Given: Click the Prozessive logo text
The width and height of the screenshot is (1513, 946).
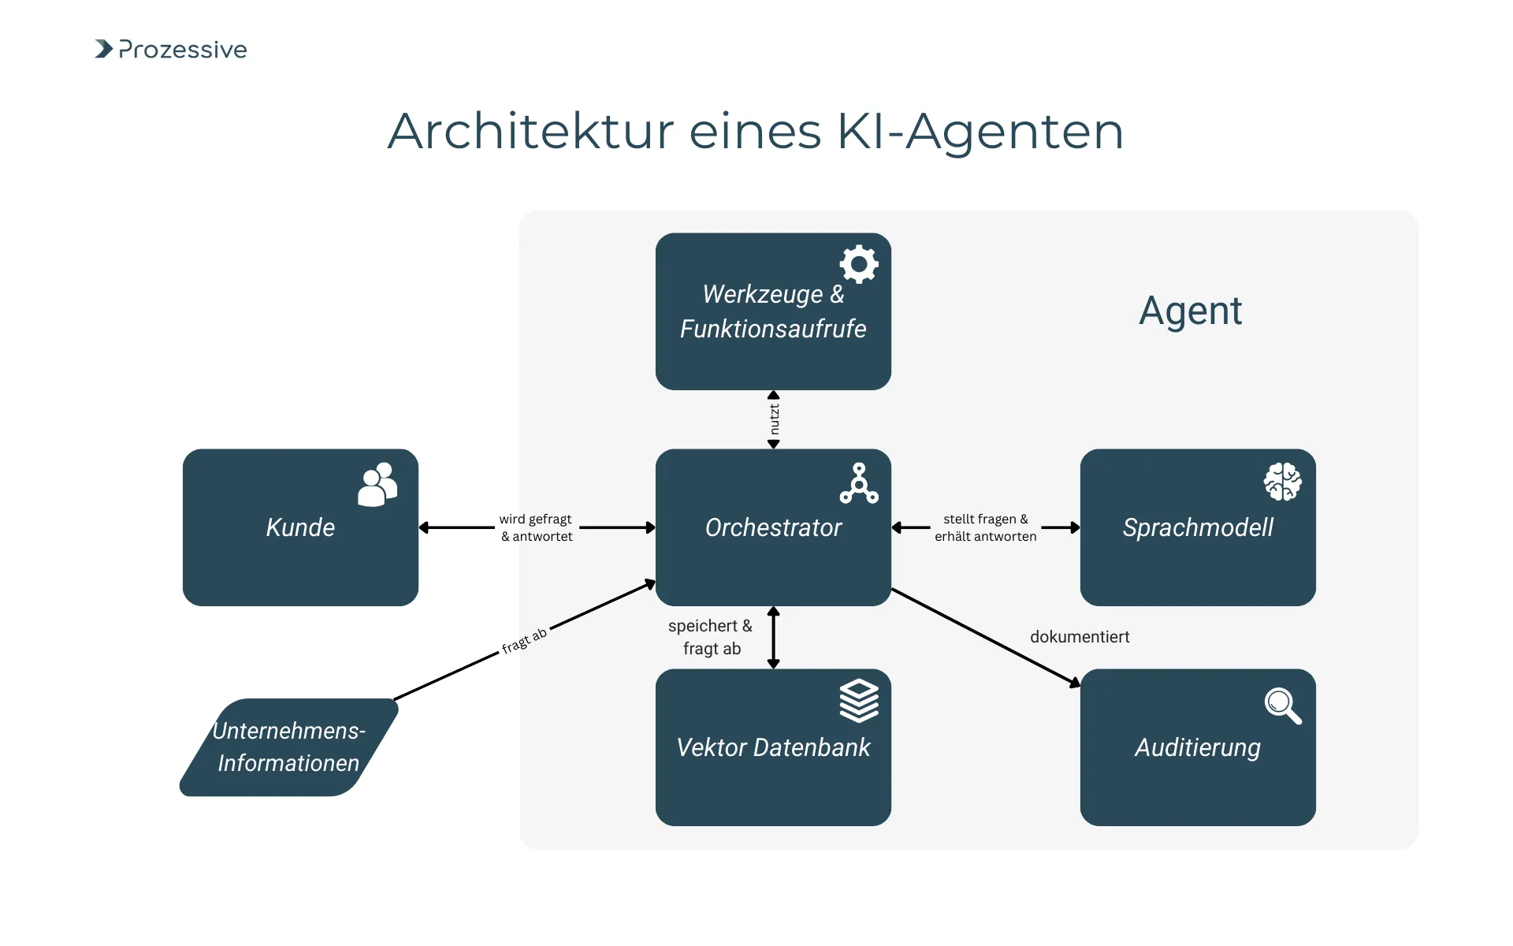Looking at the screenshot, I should coord(182,50).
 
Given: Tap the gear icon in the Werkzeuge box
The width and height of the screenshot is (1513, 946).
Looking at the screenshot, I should coord(859,264).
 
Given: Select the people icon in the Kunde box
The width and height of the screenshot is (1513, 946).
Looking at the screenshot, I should coord(377,484).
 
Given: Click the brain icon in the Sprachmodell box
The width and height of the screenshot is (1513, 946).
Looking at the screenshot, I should coord(1282,482).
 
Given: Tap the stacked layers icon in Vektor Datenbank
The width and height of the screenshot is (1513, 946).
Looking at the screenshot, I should coord(859,700).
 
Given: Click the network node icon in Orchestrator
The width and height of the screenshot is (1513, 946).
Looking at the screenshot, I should coord(859,483).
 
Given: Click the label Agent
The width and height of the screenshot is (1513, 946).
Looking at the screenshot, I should coord(1190,311).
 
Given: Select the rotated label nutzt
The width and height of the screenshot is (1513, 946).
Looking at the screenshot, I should coord(774,419).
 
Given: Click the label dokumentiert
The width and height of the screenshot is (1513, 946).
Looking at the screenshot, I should coord(1080,637).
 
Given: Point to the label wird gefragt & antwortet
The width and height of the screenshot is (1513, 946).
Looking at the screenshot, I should coord(537,527).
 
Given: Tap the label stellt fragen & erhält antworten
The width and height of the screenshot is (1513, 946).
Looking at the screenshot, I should coord(985,527).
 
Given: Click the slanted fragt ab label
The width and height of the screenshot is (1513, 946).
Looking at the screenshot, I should coord(525,641).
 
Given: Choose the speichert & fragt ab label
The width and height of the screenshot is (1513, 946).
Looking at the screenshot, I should coord(711,637).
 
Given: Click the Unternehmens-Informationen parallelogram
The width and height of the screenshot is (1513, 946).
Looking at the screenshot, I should coord(288,747).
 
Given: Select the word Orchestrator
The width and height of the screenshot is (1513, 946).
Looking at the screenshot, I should coord(773,527).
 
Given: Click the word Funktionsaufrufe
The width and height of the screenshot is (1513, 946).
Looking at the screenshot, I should coord(773,329).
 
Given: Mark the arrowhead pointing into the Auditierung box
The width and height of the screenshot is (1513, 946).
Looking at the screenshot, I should coord(1075,682).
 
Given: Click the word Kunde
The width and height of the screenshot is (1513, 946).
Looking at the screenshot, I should coord(300,527).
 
